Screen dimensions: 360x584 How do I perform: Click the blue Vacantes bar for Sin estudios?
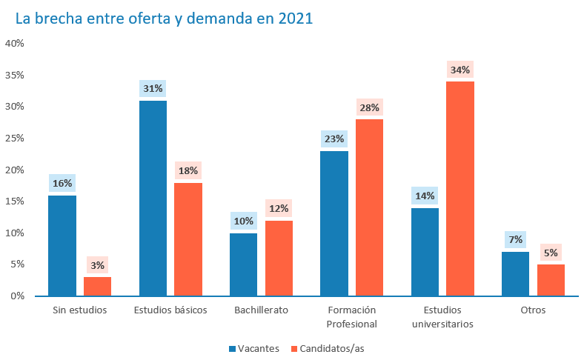click(62, 245)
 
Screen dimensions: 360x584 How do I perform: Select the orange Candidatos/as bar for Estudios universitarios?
click(460, 188)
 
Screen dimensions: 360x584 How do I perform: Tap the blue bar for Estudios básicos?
click(153, 198)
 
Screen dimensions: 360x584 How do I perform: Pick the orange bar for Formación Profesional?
click(369, 207)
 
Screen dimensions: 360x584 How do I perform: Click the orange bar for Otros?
click(551, 280)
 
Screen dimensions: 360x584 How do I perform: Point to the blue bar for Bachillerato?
click(243, 264)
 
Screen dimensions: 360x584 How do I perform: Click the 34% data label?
click(460, 70)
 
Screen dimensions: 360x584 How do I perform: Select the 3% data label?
click(97, 265)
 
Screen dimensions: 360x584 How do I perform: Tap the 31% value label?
click(153, 89)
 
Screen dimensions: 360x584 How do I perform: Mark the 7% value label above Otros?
click(515, 239)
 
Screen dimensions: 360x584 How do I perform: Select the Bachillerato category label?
click(261, 310)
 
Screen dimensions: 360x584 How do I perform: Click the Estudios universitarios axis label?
click(442, 316)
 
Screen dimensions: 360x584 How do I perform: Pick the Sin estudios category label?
click(80, 310)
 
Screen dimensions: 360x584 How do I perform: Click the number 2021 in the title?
click(296, 19)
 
